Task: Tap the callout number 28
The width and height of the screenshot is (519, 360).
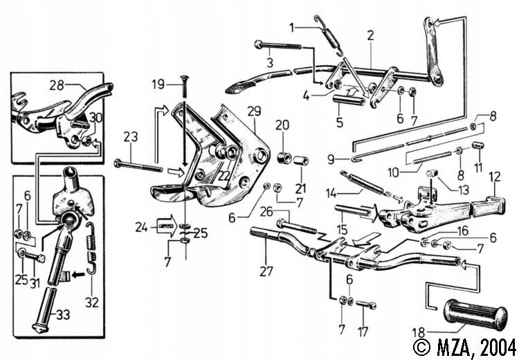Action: (x=55, y=85)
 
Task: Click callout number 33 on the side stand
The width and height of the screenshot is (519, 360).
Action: (x=62, y=315)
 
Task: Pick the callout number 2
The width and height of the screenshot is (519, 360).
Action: (x=370, y=34)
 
